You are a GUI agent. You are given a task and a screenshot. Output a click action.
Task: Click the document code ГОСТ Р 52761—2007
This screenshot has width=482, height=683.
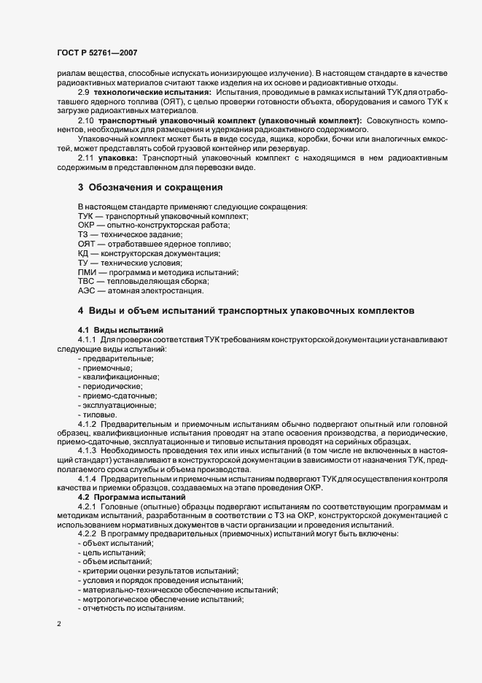point(96,53)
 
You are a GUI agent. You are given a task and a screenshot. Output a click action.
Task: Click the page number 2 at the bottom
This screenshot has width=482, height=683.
point(59,624)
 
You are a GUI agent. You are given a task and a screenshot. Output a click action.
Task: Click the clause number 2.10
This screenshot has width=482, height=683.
point(87,120)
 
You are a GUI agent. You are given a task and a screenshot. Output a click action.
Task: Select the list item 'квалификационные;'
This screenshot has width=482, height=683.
point(121,377)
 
